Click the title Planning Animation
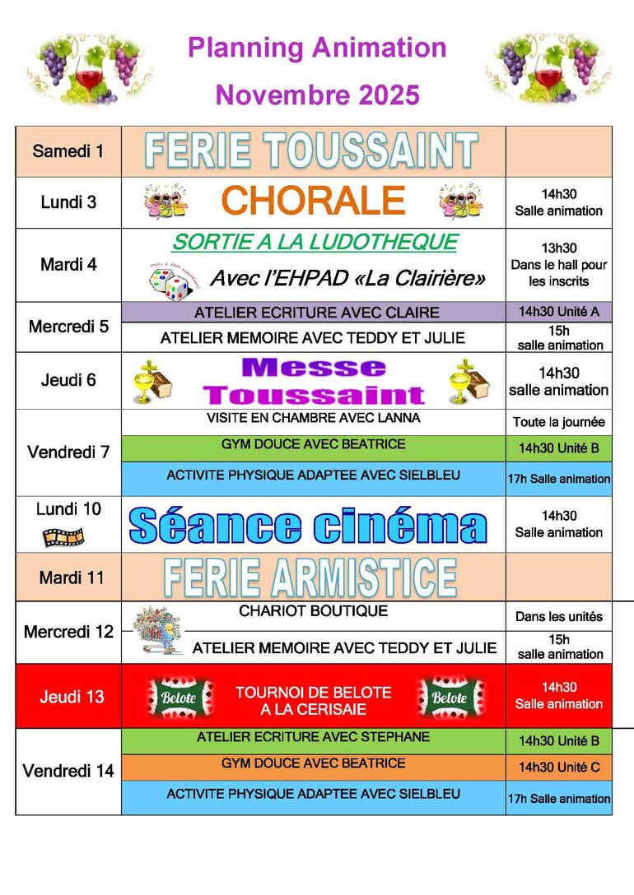(317, 48)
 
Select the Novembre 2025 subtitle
(317, 95)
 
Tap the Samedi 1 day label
(68, 151)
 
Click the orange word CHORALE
(313, 201)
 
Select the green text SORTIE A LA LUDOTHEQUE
(314, 242)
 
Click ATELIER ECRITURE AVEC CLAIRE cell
(316, 313)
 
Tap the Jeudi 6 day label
(68, 380)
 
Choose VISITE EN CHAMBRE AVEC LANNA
(313, 419)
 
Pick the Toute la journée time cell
(559, 423)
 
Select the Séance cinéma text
(308, 526)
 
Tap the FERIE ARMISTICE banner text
(310, 577)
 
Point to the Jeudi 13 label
(72, 697)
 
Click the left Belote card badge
(179, 698)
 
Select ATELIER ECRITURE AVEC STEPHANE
(313, 737)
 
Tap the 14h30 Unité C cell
(559, 768)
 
